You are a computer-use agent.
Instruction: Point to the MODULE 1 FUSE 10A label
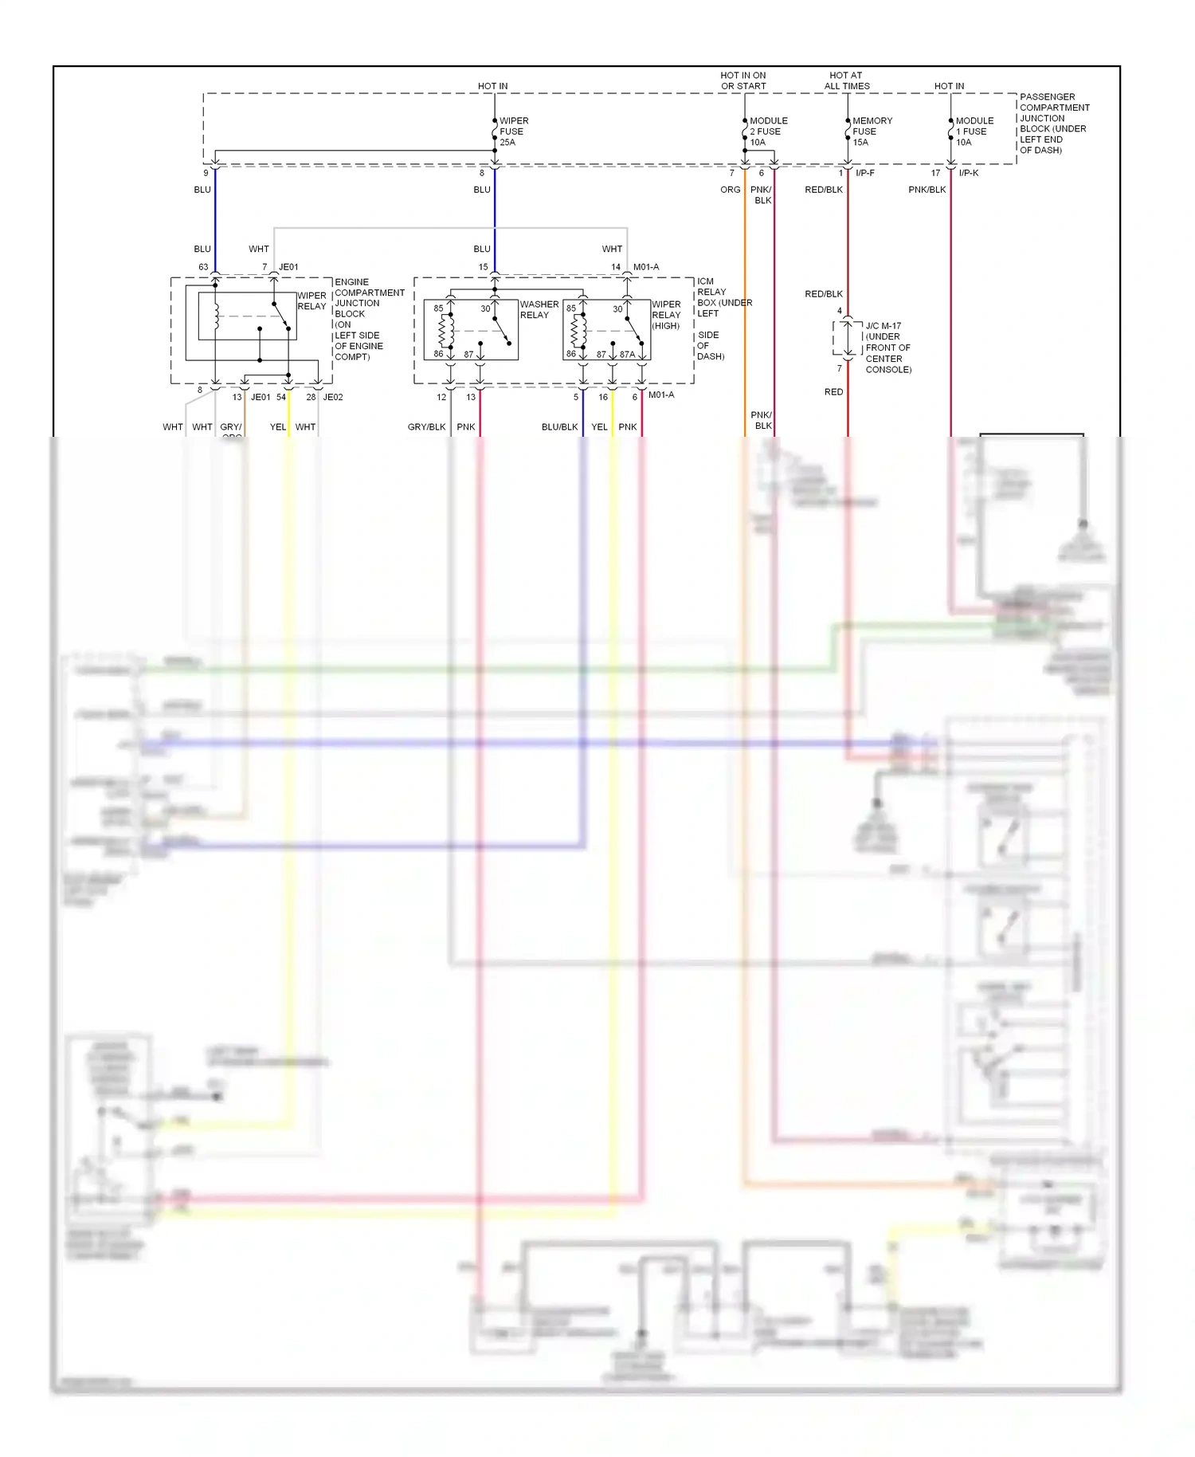click(974, 132)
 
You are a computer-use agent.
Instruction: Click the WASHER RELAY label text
click(539, 309)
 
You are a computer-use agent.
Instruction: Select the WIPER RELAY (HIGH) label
click(666, 315)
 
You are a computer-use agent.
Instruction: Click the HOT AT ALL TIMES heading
click(846, 81)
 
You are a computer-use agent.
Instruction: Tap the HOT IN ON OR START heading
click(742, 81)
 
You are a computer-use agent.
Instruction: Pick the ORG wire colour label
click(730, 190)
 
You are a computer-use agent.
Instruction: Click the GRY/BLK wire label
click(426, 427)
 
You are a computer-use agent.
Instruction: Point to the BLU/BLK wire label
click(559, 427)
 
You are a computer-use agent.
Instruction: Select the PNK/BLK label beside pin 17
click(927, 190)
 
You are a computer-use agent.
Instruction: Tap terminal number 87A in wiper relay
click(627, 355)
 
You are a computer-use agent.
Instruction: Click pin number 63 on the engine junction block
click(203, 267)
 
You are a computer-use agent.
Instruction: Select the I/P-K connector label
click(968, 173)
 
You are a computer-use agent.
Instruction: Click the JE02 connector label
click(333, 397)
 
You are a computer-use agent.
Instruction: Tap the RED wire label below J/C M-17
click(833, 392)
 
